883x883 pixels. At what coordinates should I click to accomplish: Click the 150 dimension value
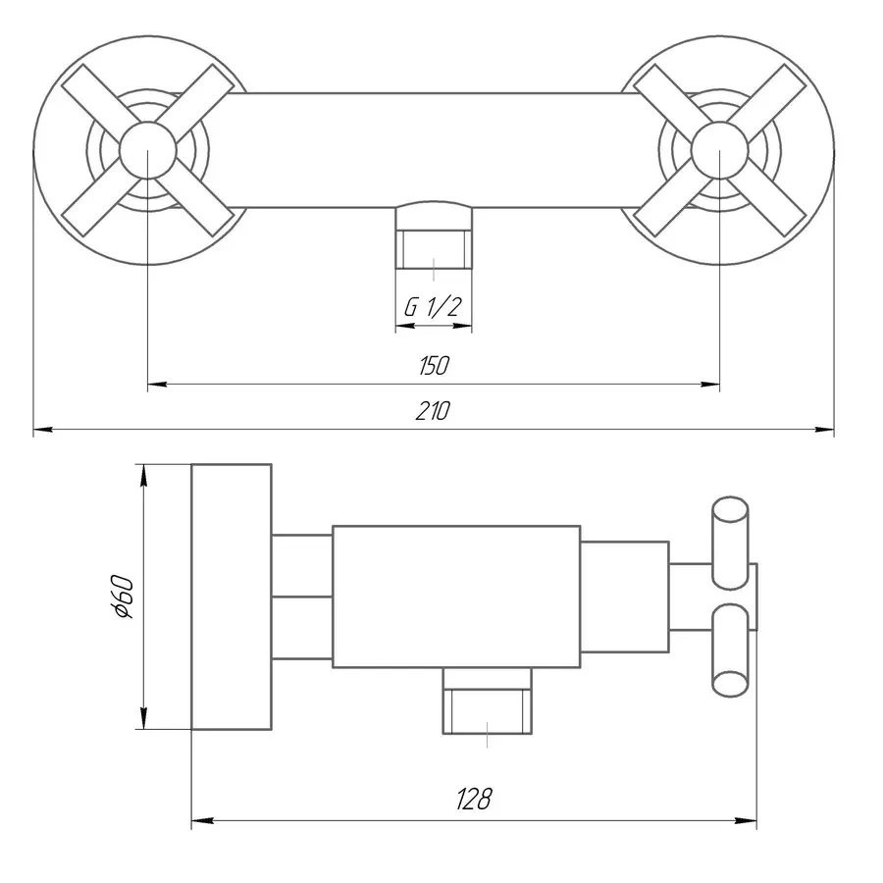434,366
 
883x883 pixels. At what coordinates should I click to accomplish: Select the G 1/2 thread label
433,307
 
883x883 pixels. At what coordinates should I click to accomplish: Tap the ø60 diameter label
124,597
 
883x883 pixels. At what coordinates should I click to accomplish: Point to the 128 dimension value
474,800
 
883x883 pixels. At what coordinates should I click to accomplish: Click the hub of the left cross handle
147,152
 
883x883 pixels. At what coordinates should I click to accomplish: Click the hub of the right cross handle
720,152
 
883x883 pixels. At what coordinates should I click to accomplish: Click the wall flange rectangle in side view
231,597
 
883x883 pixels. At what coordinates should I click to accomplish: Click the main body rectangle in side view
455,597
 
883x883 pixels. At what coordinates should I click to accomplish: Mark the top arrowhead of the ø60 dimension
143,472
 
